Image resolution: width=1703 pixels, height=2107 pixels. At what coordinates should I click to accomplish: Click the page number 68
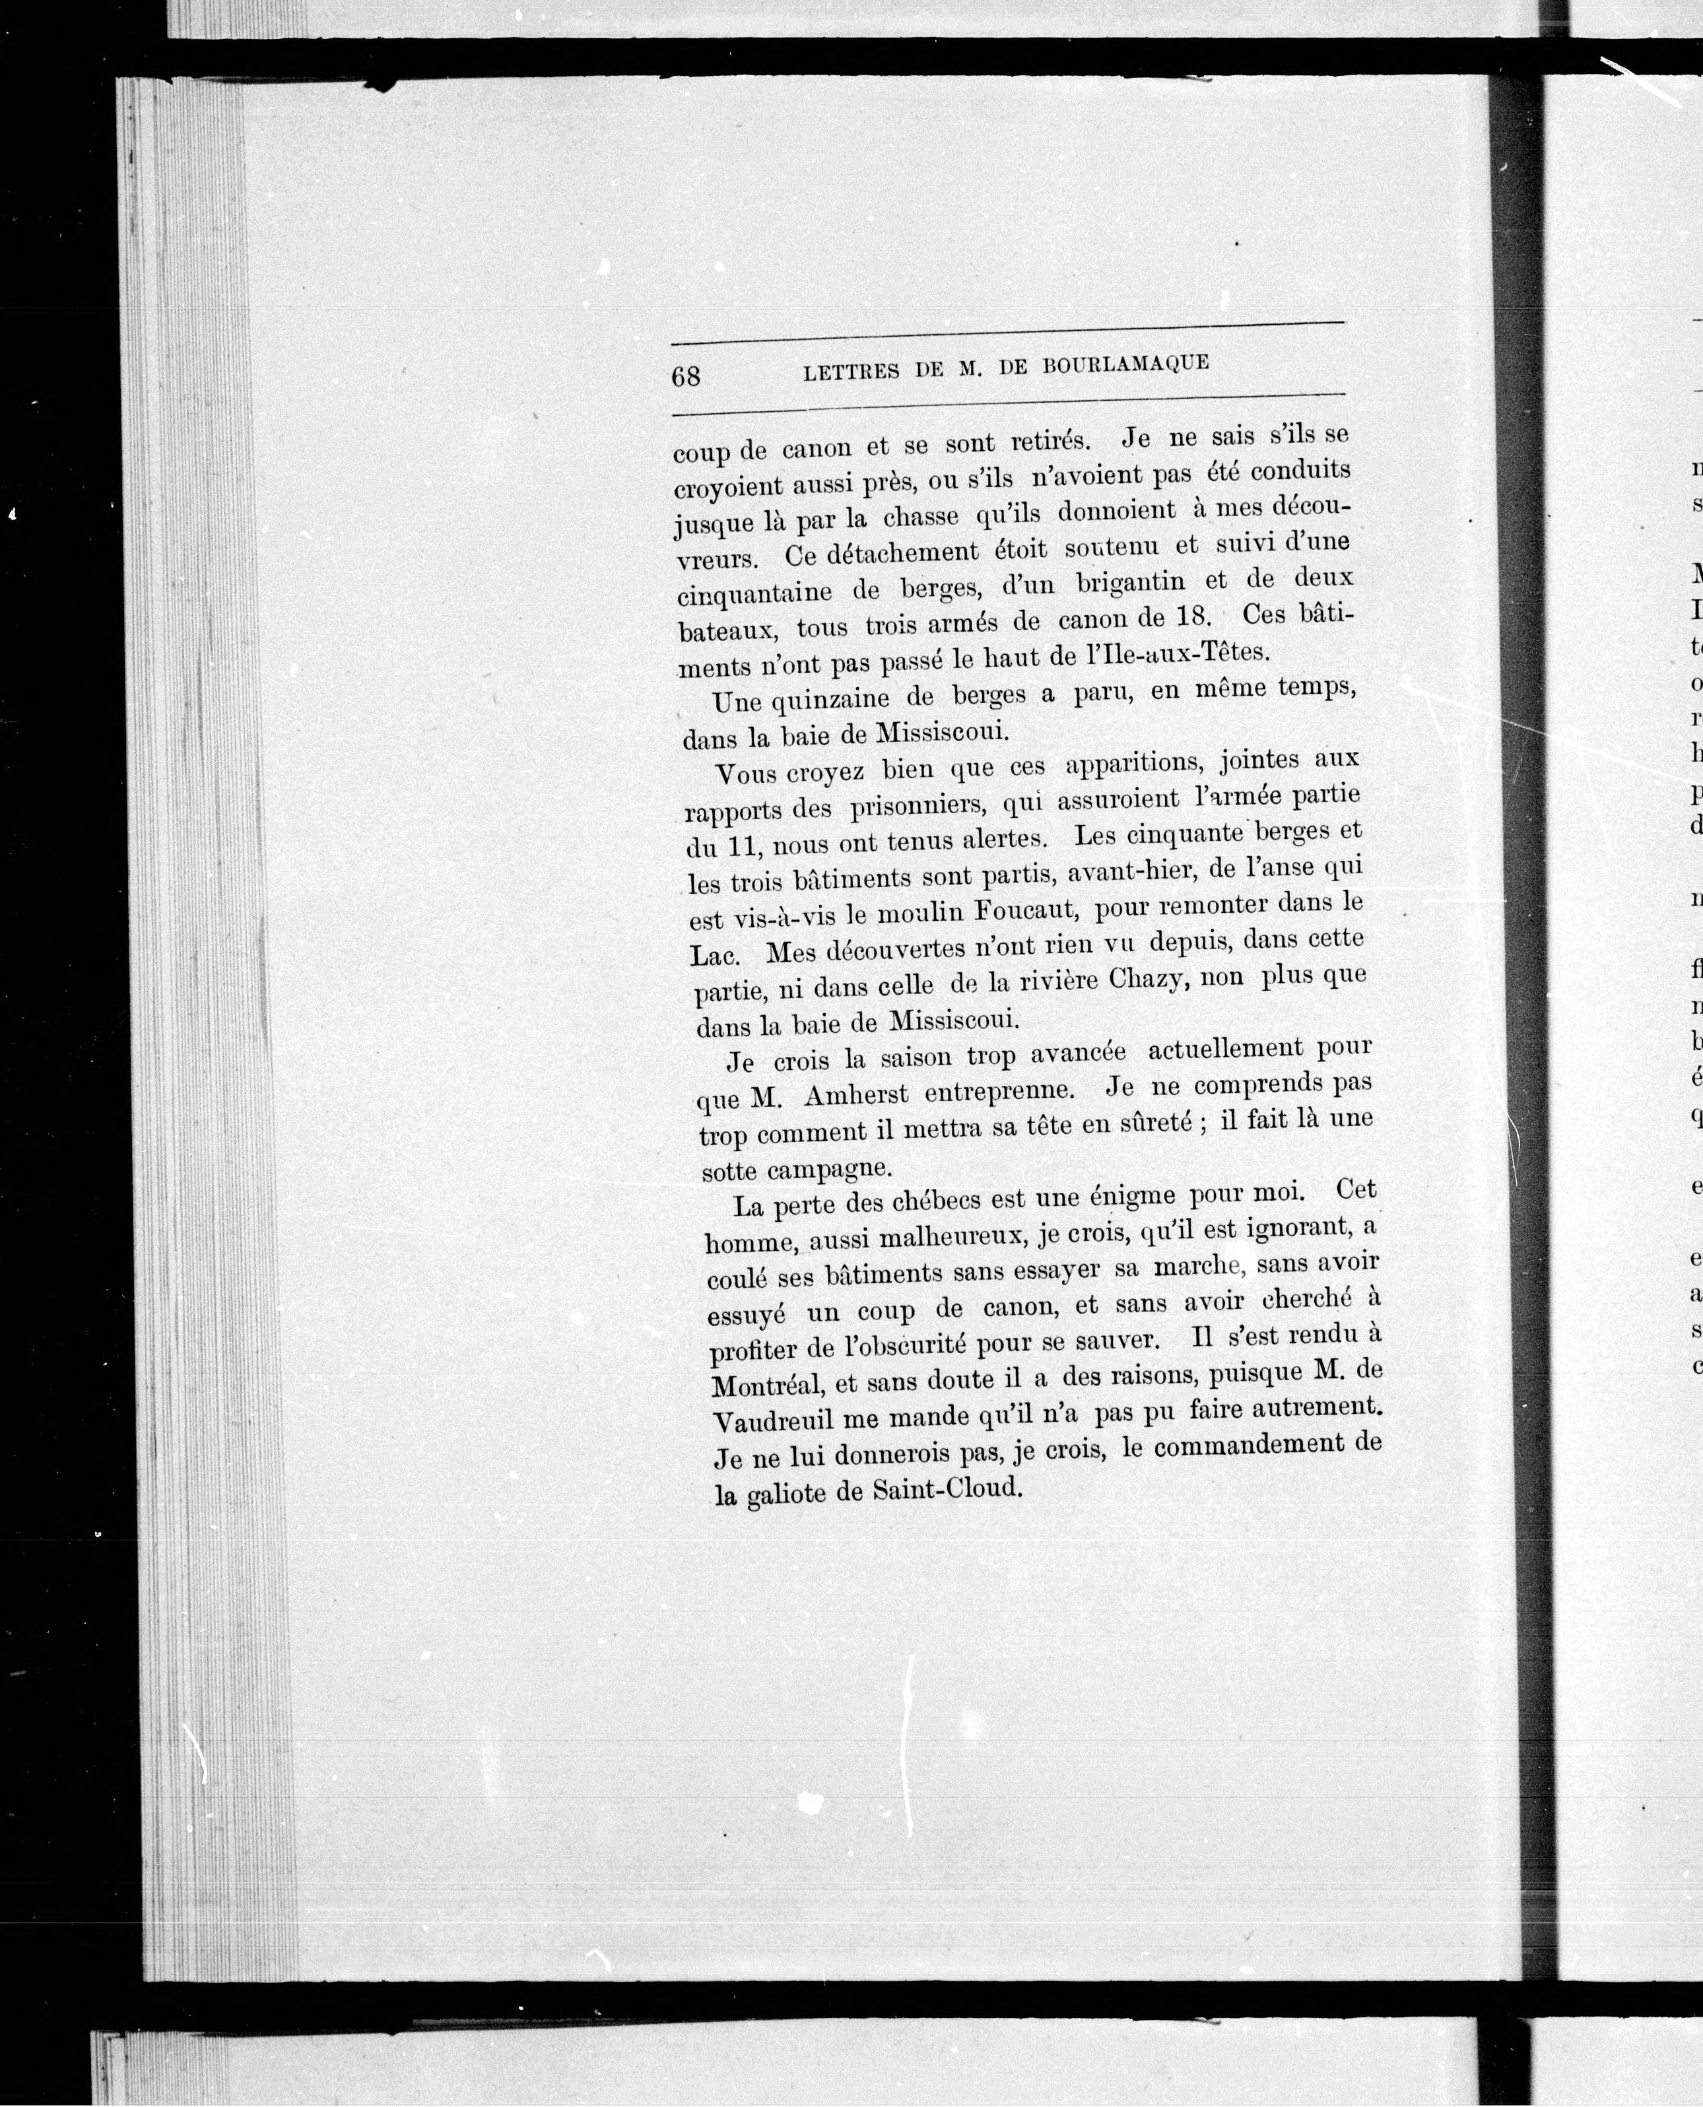coord(686,376)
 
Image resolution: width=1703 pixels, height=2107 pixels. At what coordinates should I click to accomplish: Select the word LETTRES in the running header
coord(851,371)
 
